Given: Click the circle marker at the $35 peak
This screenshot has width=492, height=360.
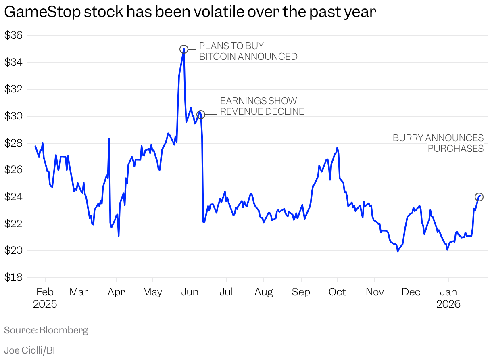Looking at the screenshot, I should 183,49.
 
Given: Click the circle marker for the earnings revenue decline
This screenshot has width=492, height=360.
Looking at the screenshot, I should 200,115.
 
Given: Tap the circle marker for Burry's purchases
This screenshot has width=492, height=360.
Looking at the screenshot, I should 479,197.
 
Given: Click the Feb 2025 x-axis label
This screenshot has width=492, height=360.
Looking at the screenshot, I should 45,297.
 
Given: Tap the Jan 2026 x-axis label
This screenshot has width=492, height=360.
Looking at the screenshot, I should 448,297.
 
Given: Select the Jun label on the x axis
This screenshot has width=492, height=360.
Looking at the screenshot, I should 190,292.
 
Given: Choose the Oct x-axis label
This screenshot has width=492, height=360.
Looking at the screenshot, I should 337,292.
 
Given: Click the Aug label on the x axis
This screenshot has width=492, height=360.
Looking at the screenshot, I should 264,292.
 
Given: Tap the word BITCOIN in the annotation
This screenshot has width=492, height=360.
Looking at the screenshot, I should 217,57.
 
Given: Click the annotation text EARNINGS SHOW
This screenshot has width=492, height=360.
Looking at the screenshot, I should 258,101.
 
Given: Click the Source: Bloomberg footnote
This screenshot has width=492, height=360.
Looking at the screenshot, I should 46,330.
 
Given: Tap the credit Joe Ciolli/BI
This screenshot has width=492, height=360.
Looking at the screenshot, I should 29,350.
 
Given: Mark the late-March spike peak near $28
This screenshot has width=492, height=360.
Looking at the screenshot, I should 109,138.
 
